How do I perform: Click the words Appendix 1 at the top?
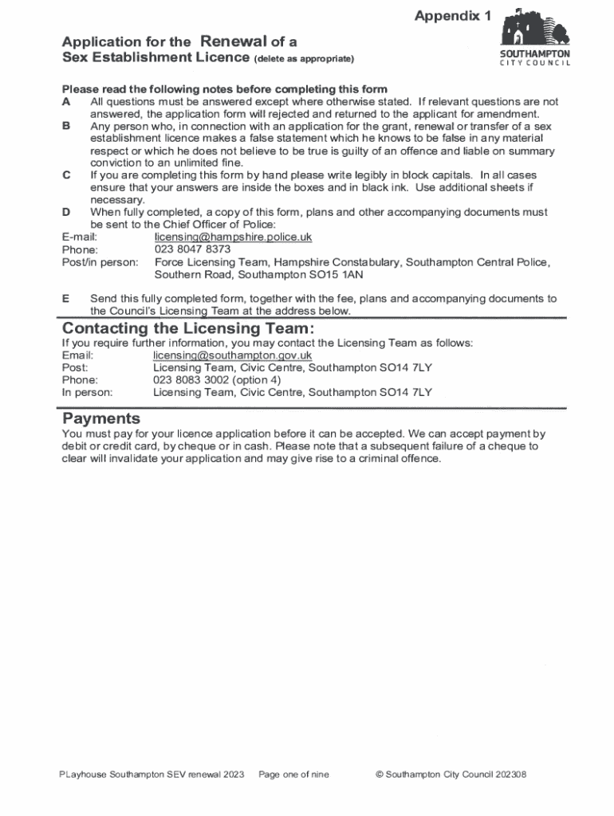pos(452,16)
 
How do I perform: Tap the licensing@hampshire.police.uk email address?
pos(233,237)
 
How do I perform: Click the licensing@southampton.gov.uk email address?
pos(232,355)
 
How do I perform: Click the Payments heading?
pos(101,419)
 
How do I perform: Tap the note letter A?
pos(66,102)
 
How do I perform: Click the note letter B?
pos(66,126)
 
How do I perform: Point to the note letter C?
pos(66,175)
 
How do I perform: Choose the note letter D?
pos(66,212)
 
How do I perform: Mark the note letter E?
pos(66,298)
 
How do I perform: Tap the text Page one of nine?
pos(293,775)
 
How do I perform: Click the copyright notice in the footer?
pos(450,775)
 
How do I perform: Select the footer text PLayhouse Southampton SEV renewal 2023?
pos(152,775)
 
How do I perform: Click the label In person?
pos(88,392)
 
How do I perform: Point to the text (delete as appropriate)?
pos(303,60)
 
